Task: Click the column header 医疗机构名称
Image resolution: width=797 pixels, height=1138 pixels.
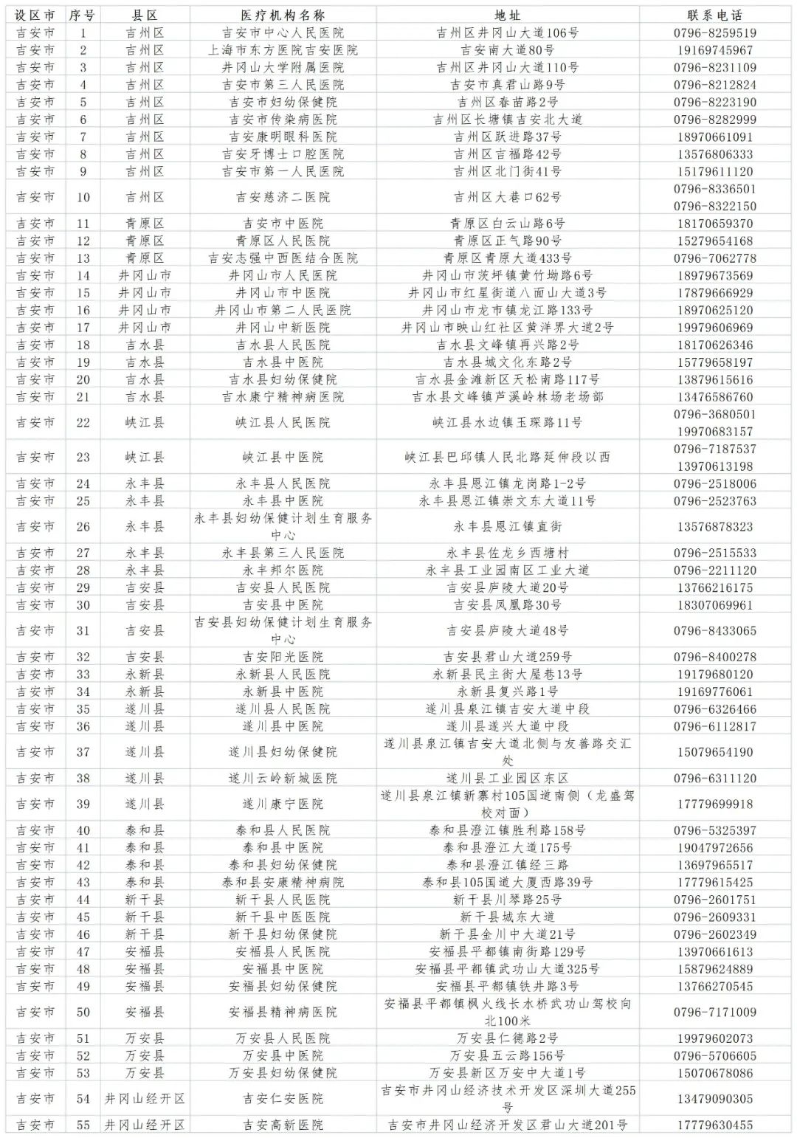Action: pyautogui.click(x=283, y=15)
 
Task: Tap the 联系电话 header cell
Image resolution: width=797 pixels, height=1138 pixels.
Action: pyautogui.click(x=714, y=15)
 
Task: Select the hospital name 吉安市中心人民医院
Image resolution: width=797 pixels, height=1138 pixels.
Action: pyautogui.click(x=283, y=32)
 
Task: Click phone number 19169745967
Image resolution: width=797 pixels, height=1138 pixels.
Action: pyautogui.click(x=714, y=50)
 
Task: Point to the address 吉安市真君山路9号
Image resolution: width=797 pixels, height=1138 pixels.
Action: pyautogui.click(x=507, y=85)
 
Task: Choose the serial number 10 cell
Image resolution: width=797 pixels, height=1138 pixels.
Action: pyautogui.click(x=83, y=197)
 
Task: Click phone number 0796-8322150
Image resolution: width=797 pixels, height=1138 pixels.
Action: pyautogui.click(x=714, y=207)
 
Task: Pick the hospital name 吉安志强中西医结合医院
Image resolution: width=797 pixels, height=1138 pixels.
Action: pyautogui.click(x=283, y=258)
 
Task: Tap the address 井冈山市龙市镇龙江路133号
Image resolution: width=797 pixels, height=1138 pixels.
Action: pyautogui.click(x=507, y=310)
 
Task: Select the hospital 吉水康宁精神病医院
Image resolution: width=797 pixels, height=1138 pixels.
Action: pyautogui.click(x=283, y=397)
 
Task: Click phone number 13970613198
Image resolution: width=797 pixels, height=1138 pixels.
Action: pyautogui.click(x=714, y=466)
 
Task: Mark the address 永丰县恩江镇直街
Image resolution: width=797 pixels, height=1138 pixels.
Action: pyautogui.click(x=507, y=527)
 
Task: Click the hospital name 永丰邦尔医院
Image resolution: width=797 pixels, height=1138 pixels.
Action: pyautogui.click(x=283, y=570)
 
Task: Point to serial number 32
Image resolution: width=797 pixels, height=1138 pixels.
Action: pyautogui.click(x=83, y=657)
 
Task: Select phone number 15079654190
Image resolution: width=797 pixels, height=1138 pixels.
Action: pyautogui.click(x=714, y=752)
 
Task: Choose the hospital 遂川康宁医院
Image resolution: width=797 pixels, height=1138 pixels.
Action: pyautogui.click(x=283, y=804)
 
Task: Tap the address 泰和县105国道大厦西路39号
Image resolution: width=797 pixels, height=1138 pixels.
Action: pyautogui.click(x=507, y=882)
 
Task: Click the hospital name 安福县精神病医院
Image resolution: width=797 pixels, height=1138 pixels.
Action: pyautogui.click(x=283, y=1012)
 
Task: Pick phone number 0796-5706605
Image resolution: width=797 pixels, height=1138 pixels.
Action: pyautogui.click(x=714, y=1055)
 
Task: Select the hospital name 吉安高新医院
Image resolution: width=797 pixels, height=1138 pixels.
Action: pyautogui.click(x=283, y=1125)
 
